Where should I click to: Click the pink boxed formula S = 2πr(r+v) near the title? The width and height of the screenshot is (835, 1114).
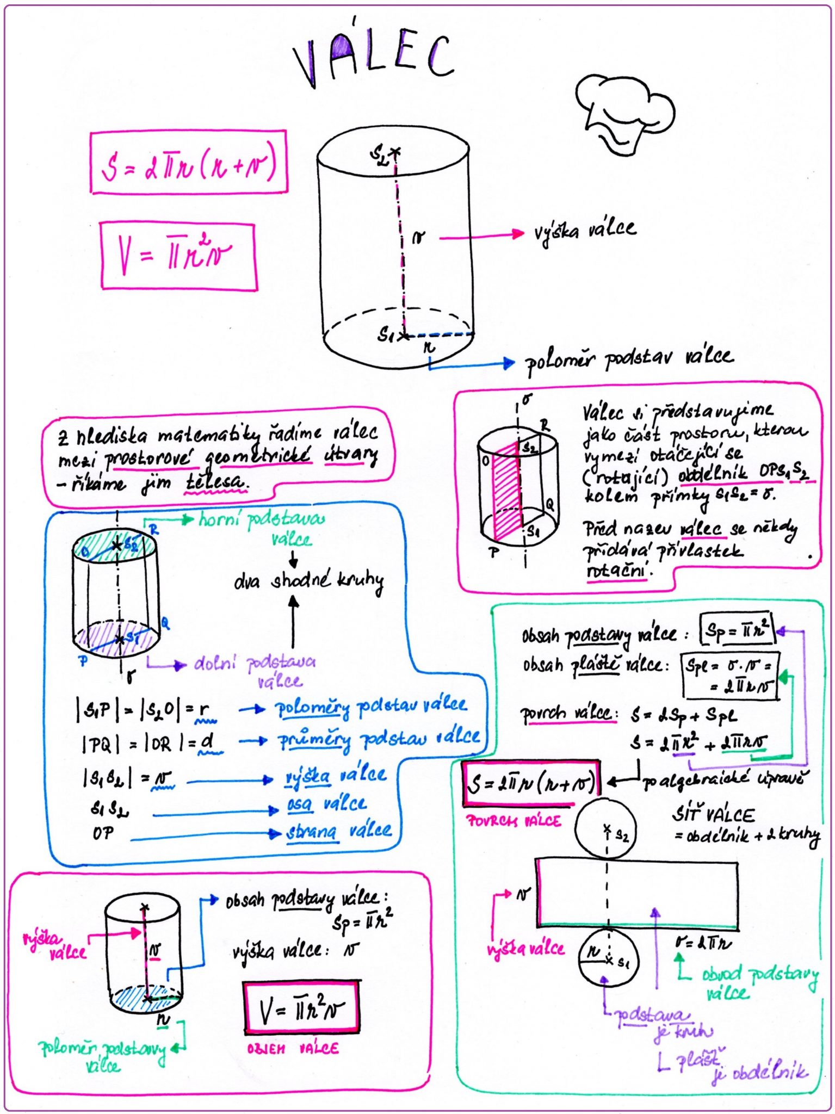tap(188, 163)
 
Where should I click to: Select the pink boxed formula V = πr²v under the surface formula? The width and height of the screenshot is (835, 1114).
tap(178, 256)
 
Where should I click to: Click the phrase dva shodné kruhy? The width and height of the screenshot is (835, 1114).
tap(308, 581)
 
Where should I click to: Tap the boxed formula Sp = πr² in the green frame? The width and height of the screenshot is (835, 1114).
tap(737, 630)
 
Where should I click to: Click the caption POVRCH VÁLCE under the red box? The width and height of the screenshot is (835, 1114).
tap(514, 821)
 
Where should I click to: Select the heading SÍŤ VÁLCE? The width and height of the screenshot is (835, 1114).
tap(713, 814)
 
